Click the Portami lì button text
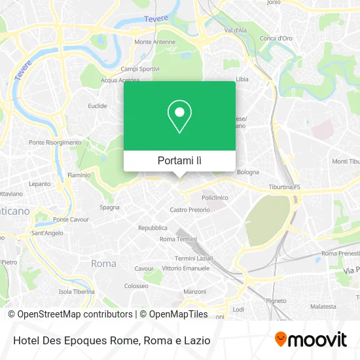[x=180, y=160]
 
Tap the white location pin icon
[x=179, y=117]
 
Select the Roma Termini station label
[x=178, y=239]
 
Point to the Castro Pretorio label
[x=190, y=210]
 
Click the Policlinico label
[x=215, y=198]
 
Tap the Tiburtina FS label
[x=284, y=187]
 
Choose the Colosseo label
[x=136, y=286]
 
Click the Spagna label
[x=109, y=207]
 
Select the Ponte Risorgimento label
[x=55, y=142]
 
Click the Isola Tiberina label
[x=77, y=291]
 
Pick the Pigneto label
[x=276, y=300]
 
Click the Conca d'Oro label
[x=276, y=38]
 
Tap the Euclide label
[x=98, y=105]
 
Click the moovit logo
[x=310, y=340]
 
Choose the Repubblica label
[x=153, y=228]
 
